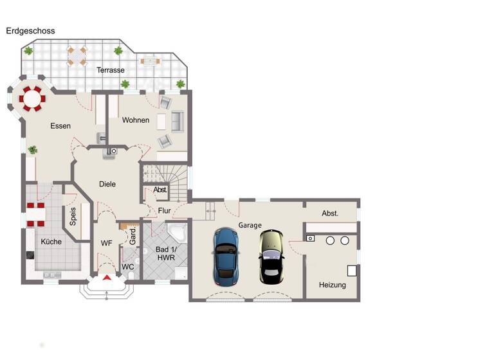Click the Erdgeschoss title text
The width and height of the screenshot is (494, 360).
click(x=30, y=31)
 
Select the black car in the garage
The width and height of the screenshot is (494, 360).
click(x=271, y=256)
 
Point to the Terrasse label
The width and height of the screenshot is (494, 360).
click(x=110, y=70)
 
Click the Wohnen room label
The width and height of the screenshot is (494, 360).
click(x=135, y=120)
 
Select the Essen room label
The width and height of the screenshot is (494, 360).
click(x=60, y=126)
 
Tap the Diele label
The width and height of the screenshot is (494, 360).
click(x=107, y=184)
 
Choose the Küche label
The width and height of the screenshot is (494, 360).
click(x=51, y=242)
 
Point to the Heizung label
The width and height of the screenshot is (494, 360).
click(x=332, y=285)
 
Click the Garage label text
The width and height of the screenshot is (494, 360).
click(x=250, y=226)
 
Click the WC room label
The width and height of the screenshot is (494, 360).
click(x=127, y=267)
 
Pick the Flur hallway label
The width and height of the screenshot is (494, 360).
click(x=164, y=210)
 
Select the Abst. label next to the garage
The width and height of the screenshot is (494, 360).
click(x=330, y=213)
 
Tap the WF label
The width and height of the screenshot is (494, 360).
click(x=106, y=243)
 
